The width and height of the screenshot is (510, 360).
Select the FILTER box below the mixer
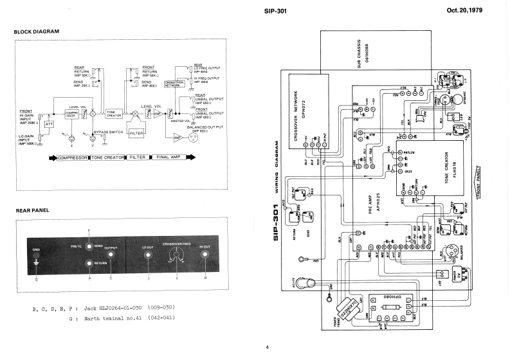pyautogui.click(x=136, y=132)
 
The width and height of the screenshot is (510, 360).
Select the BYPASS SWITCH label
pyautogui.click(x=108, y=131)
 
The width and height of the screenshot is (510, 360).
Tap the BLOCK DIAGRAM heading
pyautogui.click(x=36, y=32)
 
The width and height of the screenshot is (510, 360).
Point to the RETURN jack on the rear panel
pyautogui.click(x=91, y=263)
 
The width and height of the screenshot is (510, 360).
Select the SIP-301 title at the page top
pyautogui.click(x=275, y=11)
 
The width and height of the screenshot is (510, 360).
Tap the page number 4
pyautogui.click(x=268, y=348)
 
